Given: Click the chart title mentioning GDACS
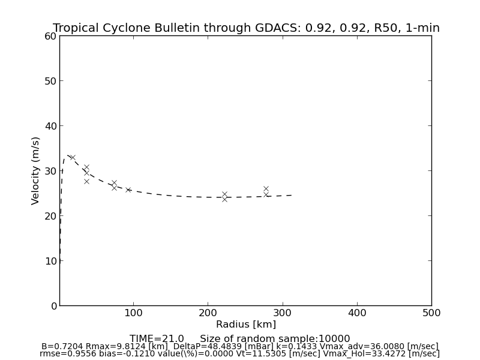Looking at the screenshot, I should point(246,28).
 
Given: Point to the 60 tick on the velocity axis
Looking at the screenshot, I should point(50,36).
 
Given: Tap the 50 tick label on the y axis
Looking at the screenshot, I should point(50,81).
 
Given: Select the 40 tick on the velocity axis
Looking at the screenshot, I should point(50,126).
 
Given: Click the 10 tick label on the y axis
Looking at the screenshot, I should point(50,261).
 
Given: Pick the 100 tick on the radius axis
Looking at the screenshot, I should point(133,313).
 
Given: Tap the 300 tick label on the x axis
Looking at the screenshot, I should point(282,313).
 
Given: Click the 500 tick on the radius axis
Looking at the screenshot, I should point(431,313).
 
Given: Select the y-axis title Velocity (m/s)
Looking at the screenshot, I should point(36,170).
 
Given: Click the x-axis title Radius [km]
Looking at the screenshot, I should point(246,325).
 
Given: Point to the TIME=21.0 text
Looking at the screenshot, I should point(157,339).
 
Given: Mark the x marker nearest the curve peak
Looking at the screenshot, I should point(73,157).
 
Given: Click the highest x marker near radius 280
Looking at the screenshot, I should point(266,188).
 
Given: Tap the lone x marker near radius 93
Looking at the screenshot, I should point(128,190).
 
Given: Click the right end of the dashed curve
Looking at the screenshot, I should point(292,195).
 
